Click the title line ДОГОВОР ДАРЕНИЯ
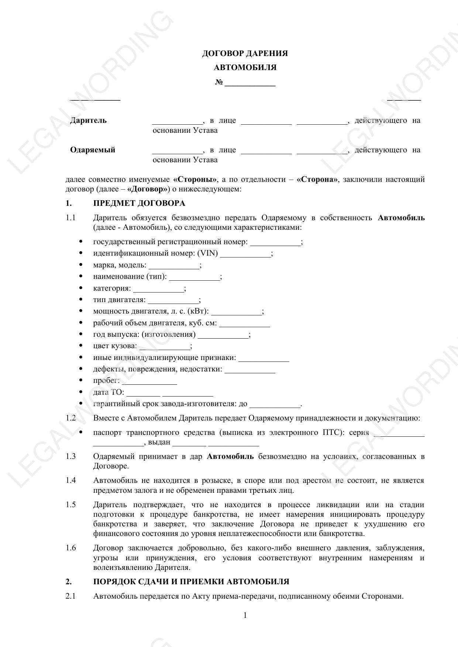pyautogui.click(x=245, y=53)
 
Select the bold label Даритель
pyautogui.click(x=88, y=121)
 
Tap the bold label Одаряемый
pyautogui.click(x=93, y=150)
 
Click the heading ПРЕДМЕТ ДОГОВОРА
pyautogui.click(x=139, y=204)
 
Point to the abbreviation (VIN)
pyautogui.click(x=208, y=253)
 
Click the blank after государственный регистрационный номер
pyautogui.click(x=275, y=243)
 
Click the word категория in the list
pyautogui.click(x=112, y=288)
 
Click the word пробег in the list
pyautogui.click(x=106, y=381)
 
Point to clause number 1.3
pyautogui.click(x=71, y=457)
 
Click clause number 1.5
pyautogui.click(x=71, y=505)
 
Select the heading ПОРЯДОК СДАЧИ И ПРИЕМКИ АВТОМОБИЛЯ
pyautogui.click(x=191, y=582)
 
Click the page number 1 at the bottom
pyautogui.click(x=245, y=615)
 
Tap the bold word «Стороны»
pyautogui.click(x=195, y=180)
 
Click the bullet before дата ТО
pyautogui.click(x=81, y=392)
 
